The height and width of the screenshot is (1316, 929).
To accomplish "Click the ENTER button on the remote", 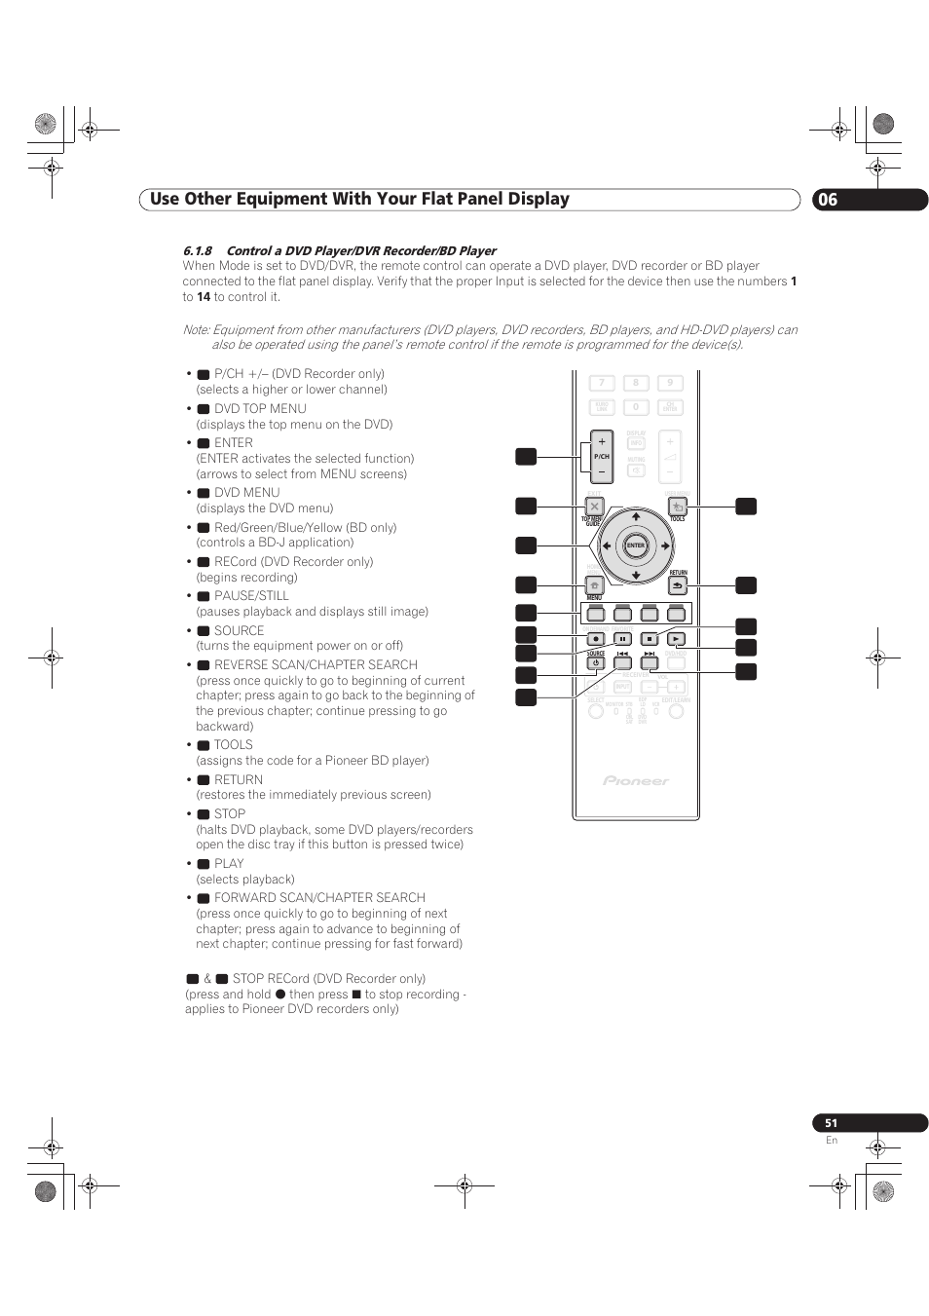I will (636, 545).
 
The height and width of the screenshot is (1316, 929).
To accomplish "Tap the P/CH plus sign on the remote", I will (602, 441).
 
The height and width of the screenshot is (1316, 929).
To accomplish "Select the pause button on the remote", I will (622, 639).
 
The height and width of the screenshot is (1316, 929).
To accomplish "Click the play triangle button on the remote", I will (677, 639).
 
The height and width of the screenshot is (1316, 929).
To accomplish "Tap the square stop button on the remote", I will (650, 639).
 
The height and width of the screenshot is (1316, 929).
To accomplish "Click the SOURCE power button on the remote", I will (595, 663).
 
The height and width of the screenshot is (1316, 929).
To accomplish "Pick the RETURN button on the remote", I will (678, 585).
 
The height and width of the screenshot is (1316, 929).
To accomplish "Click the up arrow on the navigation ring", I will (636, 516).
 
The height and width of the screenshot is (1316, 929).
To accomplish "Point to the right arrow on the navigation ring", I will (665, 546).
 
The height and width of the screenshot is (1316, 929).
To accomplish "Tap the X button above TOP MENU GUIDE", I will (594, 507).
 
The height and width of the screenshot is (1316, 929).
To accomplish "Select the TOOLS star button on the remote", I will (678, 507).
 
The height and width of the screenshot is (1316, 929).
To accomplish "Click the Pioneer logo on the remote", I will (636, 780).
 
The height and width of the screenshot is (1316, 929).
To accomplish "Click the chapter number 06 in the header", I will (827, 200).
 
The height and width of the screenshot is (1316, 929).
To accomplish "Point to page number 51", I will (831, 1123).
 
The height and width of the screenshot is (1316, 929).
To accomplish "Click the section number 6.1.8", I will (197, 250).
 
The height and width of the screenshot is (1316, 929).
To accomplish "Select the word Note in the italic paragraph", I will (196, 330).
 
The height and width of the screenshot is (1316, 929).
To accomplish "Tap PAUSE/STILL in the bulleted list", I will (251, 596).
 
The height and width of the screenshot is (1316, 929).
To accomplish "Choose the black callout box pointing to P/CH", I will (526, 456).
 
